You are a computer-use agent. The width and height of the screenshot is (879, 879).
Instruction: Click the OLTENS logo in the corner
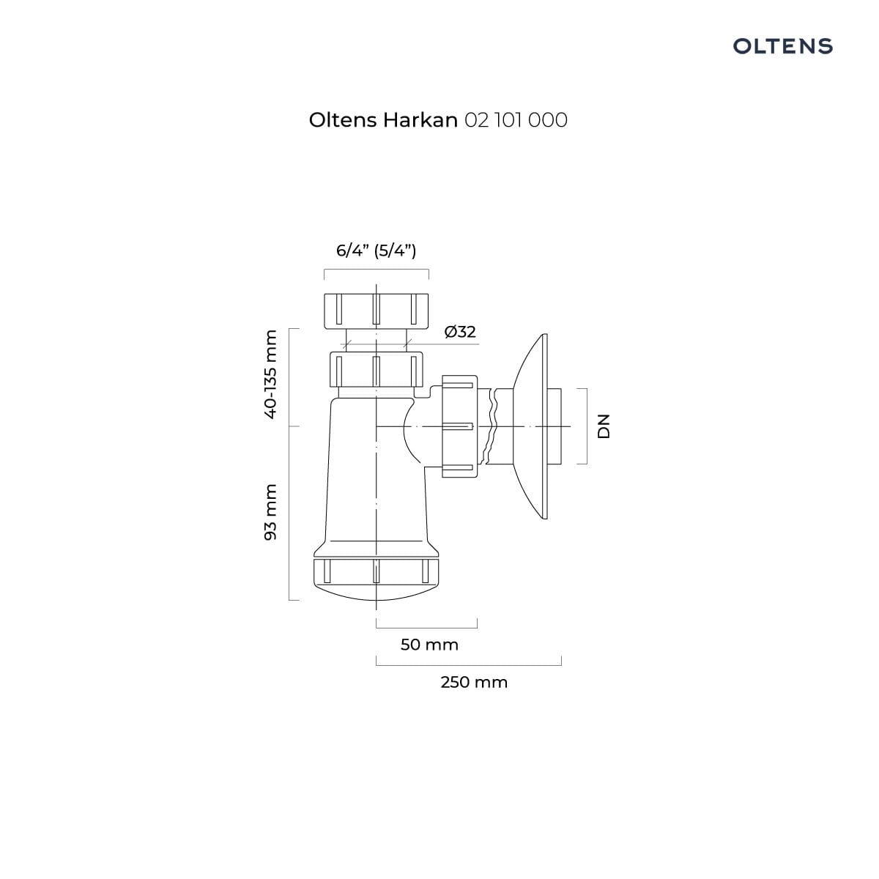pos(782,46)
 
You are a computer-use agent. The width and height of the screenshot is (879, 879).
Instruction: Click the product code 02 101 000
pos(516,120)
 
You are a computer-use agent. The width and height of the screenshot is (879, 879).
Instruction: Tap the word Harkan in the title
pos(420,120)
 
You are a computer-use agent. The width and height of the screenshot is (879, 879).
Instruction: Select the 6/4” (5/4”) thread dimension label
pos(377,251)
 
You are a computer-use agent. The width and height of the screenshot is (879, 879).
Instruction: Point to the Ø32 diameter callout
pos(460,332)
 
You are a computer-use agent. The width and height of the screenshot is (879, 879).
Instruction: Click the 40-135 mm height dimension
pos(270,374)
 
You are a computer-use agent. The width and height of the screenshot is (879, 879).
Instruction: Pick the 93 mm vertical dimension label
pos(270,512)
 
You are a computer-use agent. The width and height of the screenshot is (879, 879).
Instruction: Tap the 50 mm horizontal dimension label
pos(429,645)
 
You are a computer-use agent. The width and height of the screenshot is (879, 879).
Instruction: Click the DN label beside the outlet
pos(604,426)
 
